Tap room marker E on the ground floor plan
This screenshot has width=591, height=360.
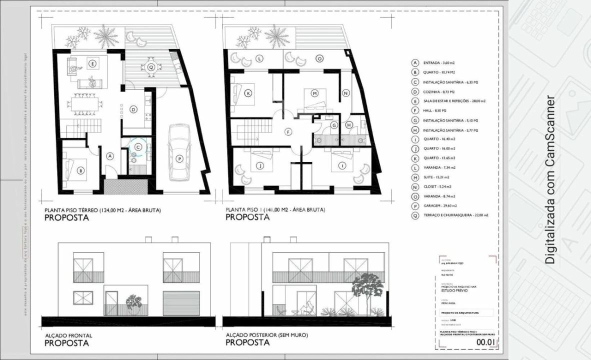(x=92, y=63)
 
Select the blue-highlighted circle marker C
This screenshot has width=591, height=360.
(x=137, y=147)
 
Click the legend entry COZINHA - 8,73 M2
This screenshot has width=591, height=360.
(x=438, y=92)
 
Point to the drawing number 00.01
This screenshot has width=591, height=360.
(x=485, y=342)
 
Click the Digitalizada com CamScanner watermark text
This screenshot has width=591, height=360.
(x=550, y=179)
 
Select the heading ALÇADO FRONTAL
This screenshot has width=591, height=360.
(x=68, y=335)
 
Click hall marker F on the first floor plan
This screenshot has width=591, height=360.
(x=287, y=132)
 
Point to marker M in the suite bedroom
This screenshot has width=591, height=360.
(x=314, y=93)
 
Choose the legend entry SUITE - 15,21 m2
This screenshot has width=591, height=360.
(x=436, y=177)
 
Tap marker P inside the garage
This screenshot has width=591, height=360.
(x=179, y=159)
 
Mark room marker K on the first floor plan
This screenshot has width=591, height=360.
(x=247, y=93)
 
